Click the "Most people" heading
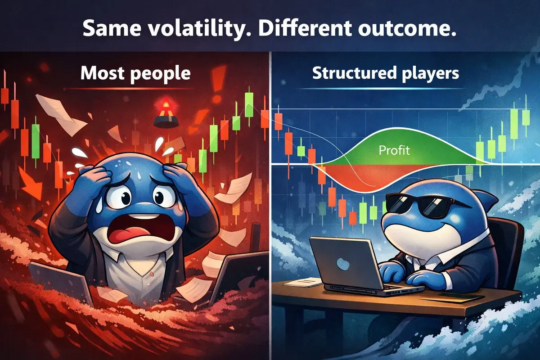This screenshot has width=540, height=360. pyautogui.click(x=135, y=73)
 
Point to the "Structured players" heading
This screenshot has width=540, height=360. pyautogui.click(x=386, y=73)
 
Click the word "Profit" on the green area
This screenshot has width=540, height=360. pyautogui.click(x=394, y=150)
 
